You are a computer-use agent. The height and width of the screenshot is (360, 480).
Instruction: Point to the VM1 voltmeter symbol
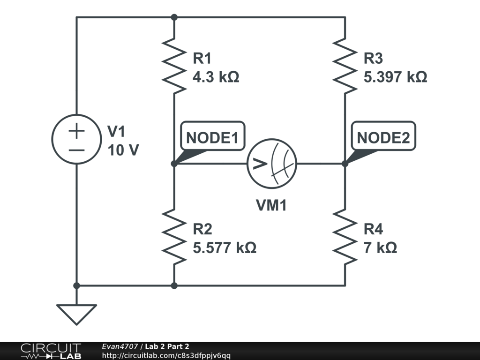pos(272,164)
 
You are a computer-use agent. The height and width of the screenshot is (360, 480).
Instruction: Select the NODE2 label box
pos(383,138)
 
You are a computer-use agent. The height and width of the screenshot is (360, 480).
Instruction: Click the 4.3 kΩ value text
pos(216,77)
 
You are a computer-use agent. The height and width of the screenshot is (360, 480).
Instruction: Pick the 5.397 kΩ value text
pos(395,77)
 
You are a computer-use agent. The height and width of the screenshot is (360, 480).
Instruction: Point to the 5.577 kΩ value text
pos(225,247)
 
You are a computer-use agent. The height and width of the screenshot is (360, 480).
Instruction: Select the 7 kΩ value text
pos(380,247)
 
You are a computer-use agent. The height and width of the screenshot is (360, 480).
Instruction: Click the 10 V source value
pos(123,150)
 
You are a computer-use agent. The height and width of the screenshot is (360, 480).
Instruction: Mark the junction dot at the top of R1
pos(174,17)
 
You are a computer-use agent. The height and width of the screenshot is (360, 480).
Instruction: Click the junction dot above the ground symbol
pos(76,285)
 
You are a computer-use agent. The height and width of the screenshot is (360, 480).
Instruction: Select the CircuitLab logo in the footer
pos(51,351)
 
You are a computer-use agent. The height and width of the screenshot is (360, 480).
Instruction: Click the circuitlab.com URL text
pos(166,356)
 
